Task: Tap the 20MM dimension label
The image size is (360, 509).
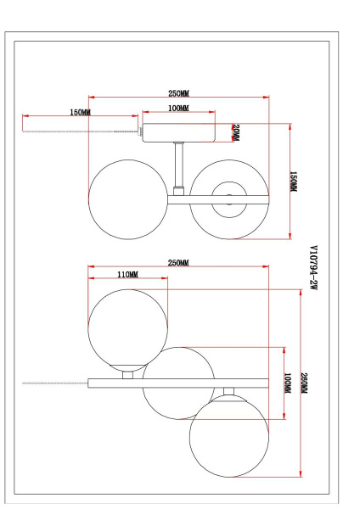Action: click(236, 133)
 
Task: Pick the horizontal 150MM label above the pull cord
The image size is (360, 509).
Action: click(80, 112)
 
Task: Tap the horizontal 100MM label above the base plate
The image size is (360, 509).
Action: click(177, 109)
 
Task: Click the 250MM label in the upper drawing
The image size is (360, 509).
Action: click(178, 94)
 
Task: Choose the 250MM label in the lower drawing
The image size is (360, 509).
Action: click(178, 262)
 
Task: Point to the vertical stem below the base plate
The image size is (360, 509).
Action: click(178, 165)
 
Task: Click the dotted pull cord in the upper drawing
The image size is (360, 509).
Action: click(81, 131)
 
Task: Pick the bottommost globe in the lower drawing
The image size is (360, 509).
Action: click(227, 433)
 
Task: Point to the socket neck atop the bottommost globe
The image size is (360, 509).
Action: click(227, 391)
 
